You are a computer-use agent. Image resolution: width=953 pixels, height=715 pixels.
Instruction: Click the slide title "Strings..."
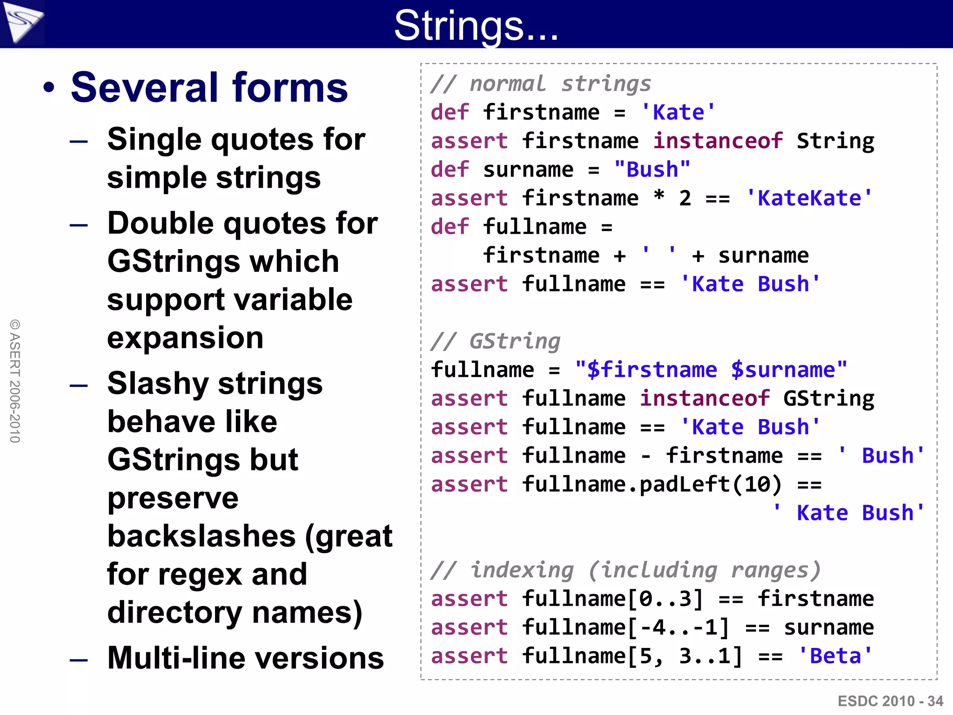pos(476,26)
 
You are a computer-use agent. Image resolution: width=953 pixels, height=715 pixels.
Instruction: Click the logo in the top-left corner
pos(22,23)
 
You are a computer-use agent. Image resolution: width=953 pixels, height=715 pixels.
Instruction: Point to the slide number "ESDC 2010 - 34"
pos(890,701)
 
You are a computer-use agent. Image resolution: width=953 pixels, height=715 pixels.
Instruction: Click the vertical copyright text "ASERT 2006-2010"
pos(15,381)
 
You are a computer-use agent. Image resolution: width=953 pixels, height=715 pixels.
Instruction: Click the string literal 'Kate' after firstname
pos(678,113)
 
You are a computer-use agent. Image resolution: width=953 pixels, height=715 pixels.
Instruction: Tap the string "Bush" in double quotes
pos(652,170)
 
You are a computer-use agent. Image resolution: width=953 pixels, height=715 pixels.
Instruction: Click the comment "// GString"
pos(496,341)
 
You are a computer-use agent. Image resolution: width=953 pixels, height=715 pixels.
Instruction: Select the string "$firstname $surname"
pos(711,370)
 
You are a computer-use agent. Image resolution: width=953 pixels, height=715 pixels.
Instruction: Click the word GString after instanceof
pos(828,399)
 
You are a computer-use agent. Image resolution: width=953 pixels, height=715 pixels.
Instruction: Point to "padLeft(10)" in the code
pos(710,485)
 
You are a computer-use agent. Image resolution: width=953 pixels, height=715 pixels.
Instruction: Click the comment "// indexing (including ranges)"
pos(625,570)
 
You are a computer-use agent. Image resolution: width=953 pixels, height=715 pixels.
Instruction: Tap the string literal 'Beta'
pos(835,656)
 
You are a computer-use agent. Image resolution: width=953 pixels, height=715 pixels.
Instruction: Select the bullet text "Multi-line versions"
pos(245,658)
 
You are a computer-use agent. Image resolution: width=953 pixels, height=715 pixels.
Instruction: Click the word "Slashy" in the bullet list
pos(158,384)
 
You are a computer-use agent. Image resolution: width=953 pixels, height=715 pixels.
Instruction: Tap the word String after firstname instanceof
pos(835,141)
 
